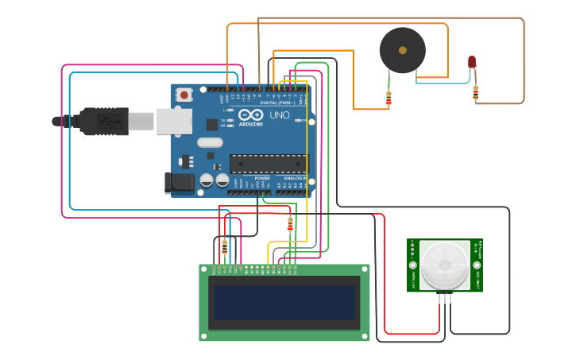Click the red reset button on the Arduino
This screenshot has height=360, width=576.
184,95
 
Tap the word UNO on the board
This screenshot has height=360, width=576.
280,115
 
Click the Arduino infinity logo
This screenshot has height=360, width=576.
250,115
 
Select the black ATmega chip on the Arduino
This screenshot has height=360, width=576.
268,164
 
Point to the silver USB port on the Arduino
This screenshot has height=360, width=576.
174,121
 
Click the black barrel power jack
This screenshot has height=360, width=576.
180,183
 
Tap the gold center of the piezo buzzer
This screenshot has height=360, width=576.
403,50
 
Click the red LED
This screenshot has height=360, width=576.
472,61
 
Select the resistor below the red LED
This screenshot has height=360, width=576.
475,93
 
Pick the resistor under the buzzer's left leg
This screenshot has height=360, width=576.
389,99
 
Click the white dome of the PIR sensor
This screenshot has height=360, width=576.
445,265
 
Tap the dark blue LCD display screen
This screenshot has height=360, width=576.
284,302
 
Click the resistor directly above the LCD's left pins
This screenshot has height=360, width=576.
224,247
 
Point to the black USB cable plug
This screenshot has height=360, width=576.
103,122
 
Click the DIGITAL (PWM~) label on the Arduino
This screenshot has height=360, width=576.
277,103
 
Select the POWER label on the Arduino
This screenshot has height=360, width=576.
262,178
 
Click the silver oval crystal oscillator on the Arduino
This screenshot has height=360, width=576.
210,142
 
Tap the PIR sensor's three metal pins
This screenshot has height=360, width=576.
445,298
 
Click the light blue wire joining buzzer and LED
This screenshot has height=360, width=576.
453,82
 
